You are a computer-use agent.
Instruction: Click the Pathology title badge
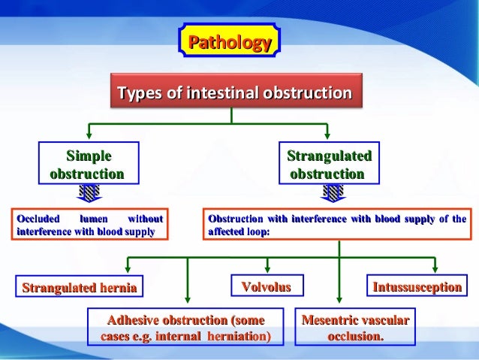[x=229, y=42]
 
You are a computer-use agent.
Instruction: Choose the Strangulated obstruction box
[x=328, y=165]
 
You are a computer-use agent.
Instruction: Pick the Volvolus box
[x=265, y=286]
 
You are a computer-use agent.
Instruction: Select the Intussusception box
[x=416, y=286]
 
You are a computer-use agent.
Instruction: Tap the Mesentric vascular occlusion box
[x=355, y=328]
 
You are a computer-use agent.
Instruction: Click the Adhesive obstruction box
[x=187, y=328]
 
